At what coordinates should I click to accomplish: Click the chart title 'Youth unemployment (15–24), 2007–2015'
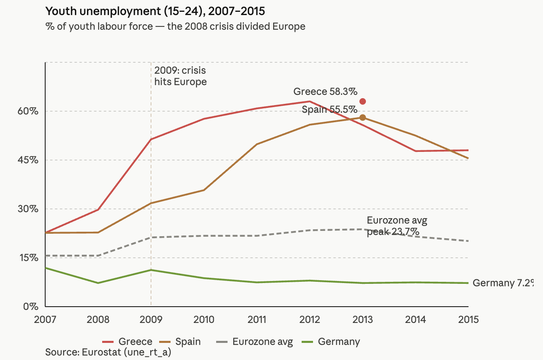155,11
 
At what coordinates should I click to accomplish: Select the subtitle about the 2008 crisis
175,27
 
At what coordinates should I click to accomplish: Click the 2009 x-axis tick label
151,319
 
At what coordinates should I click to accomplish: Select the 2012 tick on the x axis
310,319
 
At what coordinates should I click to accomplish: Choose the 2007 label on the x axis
45,319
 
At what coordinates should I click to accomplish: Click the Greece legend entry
127,341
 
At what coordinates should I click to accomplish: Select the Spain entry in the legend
180,341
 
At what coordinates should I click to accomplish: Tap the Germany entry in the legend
331,341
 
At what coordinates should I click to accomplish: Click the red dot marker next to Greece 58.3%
363,101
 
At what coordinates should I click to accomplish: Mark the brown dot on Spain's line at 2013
363,118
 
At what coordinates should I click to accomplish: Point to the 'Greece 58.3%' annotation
325,92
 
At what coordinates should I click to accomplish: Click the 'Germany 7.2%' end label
502,283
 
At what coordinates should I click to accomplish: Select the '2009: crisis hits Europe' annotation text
180,76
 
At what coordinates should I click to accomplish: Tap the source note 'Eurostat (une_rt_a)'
108,352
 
